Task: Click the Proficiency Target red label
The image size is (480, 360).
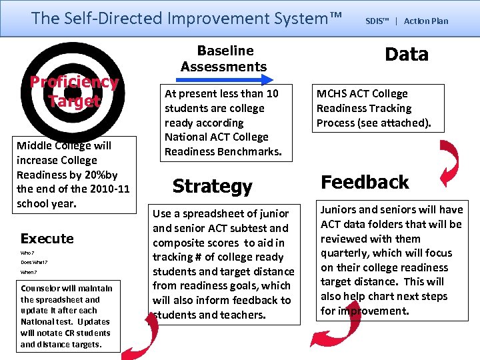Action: click(x=74, y=91)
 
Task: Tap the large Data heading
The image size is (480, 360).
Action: click(x=407, y=55)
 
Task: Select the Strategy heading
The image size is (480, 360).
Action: click(x=212, y=187)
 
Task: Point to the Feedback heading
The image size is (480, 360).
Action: click(x=365, y=182)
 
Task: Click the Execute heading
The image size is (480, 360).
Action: click(x=47, y=239)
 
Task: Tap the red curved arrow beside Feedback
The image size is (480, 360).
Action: click(x=448, y=163)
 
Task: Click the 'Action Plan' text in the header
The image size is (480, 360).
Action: click(x=426, y=21)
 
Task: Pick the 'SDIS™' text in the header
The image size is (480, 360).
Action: click(x=377, y=21)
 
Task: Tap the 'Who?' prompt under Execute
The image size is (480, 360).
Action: click(x=27, y=253)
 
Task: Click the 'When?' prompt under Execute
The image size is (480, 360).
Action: click(x=28, y=272)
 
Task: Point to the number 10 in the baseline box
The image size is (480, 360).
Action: click(x=271, y=94)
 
